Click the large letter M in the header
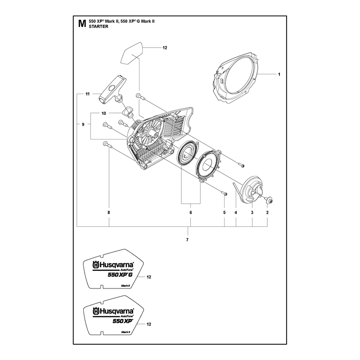pyautogui.click(x=82, y=24)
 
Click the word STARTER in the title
pyautogui.click(x=99, y=27)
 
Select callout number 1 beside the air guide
pyautogui.click(x=279, y=74)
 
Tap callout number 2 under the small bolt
pyautogui.click(x=267, y=212)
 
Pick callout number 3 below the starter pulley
pyautogui.click(x=252, y=212)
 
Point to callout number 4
pyautogui.click(x=236, y=212)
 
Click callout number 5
pyautogui.click(x=224, y=212)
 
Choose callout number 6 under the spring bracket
pyautogui.click(x=190, y=212)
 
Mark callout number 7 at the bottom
pyautogui.click(x=187, y=240)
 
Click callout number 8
pyautogui.click(x=109, y=212)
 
